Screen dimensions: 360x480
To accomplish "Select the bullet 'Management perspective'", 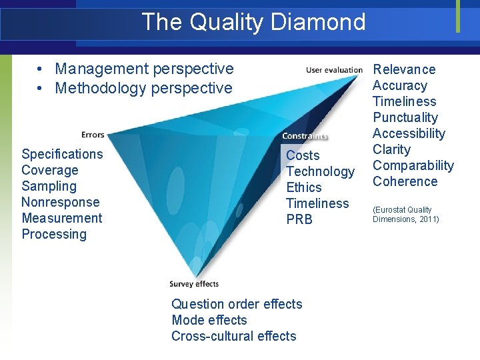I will click(144, 69).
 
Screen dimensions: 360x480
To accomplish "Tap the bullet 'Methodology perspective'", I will click(143, 88).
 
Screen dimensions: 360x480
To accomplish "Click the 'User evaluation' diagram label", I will click(334, 70).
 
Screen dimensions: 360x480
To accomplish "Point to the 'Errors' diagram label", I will click(93, 135).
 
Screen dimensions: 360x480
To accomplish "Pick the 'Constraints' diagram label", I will click(305, 136).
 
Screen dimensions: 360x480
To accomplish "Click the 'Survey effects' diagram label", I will click(194, 284).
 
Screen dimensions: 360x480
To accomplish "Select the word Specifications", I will click(62, 154).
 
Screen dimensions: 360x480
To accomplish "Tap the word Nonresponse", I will click(60, 202).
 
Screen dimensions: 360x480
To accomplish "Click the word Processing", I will click(54, 234).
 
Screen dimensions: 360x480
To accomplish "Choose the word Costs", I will click(303, 155).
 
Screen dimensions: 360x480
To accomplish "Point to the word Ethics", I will click(303, 187).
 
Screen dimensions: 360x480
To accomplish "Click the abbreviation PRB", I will click(299, 219).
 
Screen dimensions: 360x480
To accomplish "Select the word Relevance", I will click(404, 69).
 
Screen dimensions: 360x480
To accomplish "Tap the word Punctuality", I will click(405, 117).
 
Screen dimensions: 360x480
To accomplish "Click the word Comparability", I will click(413, 165).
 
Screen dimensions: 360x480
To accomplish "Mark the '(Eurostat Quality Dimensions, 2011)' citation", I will click(405, 214).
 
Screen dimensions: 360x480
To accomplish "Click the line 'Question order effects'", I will click(237, 304).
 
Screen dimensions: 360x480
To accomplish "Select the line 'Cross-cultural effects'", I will click(233, 336).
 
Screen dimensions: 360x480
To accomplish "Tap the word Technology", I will click(320, 171).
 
